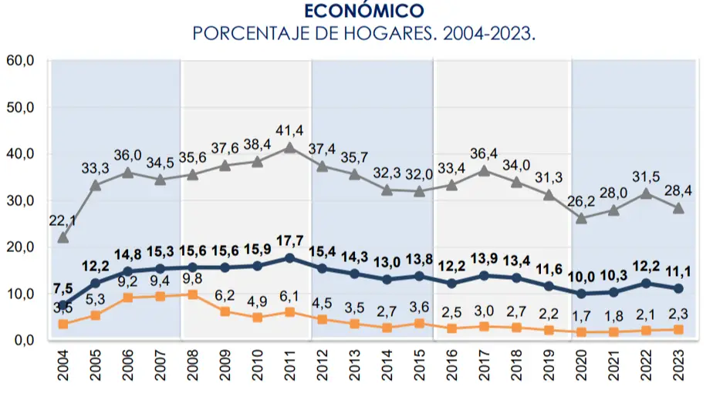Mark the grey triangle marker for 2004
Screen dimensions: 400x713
[63, 237]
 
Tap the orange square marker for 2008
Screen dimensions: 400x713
[193, 294]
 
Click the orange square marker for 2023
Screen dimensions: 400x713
[678, 329]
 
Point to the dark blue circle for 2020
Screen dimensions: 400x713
[581, 294]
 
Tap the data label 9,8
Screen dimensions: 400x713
[193, 279]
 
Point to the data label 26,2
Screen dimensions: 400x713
[583, 200]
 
